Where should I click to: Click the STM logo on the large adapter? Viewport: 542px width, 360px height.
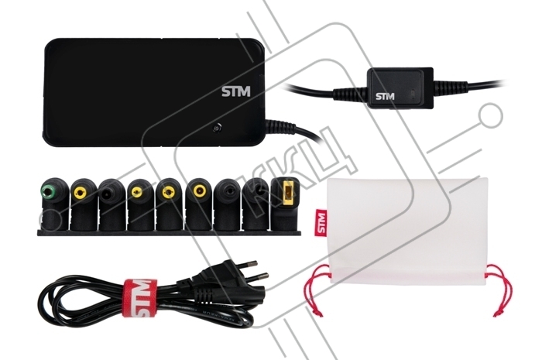[x=235, y=92]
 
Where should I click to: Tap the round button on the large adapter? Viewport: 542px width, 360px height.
[x=217, y=129]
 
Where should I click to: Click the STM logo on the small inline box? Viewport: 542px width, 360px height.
[x=385, y=96]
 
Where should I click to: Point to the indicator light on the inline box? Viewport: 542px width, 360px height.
[x=413, y=93]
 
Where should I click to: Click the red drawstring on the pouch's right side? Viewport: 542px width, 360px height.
[x=500, y=291]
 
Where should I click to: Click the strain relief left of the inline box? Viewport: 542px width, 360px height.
[x=350, y=93]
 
